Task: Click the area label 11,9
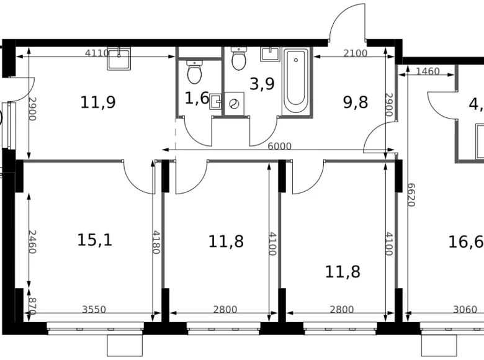(98, 102)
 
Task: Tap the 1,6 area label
(196, 97)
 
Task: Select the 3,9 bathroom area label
(261, 84)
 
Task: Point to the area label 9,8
(355, 102)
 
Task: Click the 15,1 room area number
(95, 240)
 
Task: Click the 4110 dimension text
(97, 53)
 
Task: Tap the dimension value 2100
(355, 53)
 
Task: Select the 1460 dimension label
(428, 71)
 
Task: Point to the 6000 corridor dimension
(279, 146)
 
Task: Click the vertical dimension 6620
(411, 196)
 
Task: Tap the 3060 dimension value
(465, 310)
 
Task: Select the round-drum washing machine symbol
(234, 103)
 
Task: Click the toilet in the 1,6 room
(194, 73)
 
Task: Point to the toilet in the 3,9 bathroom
(239, 59)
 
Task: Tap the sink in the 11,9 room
(119, 58)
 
